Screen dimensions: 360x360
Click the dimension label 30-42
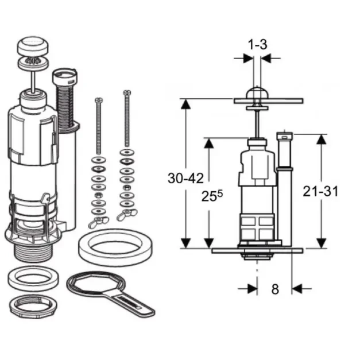185,179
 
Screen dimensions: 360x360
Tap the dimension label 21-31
320,191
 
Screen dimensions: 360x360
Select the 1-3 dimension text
258,45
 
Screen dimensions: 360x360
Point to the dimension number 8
275,289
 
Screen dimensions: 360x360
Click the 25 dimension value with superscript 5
212,196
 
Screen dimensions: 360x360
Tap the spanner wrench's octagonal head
96,284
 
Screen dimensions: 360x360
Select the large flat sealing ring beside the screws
115,247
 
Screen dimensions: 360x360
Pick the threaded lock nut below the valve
33,306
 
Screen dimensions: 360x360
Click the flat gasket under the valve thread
33,278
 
